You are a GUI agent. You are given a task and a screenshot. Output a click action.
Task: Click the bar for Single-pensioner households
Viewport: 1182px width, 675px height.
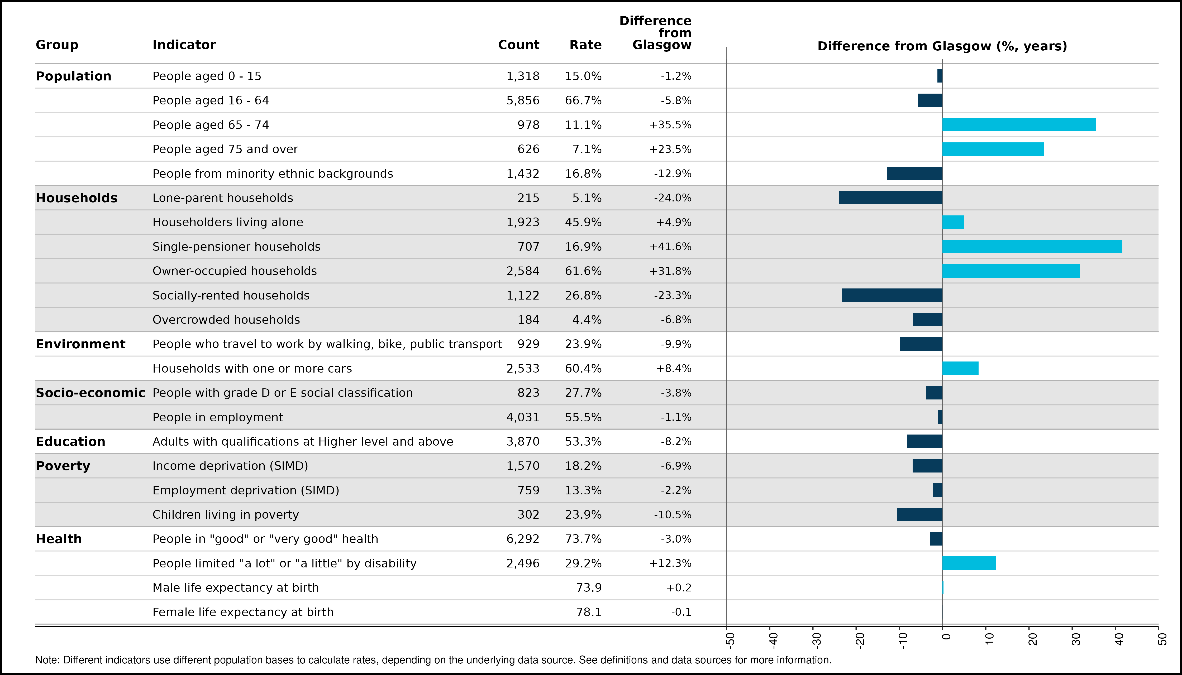(1032, 247)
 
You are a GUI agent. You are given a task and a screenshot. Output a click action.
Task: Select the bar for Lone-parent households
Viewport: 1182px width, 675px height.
(891, 198)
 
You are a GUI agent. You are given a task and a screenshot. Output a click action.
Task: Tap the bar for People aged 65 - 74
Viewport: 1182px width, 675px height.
(1019, 125)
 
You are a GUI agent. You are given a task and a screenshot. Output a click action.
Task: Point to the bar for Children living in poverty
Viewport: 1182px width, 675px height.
(920, 515)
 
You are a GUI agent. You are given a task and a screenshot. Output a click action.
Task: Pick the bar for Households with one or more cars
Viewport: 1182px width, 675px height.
(961, 369)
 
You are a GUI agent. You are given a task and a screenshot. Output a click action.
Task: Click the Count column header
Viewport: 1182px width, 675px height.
(519, 45)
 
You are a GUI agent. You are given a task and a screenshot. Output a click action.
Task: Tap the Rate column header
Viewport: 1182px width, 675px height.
(585, 45)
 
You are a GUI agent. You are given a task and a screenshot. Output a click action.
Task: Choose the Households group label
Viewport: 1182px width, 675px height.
(77, 198)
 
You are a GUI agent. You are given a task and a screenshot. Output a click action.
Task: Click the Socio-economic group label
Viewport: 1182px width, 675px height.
(90, 393)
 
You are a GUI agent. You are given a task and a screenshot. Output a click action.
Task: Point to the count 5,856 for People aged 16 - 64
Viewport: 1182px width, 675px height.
(523, 101)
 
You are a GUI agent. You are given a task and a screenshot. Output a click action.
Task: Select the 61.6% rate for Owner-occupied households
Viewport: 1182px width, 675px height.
(583, 271)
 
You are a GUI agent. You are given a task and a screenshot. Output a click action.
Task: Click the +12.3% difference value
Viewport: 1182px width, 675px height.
(670, 563)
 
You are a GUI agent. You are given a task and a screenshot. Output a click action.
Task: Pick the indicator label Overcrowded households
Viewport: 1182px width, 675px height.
(226, 320)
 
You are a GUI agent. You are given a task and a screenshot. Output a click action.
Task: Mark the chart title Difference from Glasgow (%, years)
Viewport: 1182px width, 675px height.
(942, 46)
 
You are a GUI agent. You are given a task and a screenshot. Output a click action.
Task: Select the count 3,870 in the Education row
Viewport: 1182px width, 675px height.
(523, 441)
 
